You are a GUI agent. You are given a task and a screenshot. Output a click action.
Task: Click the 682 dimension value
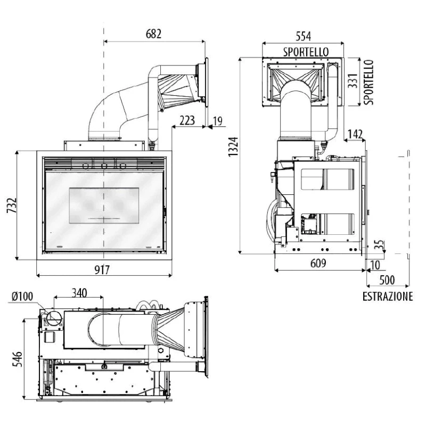[x=153, y=34]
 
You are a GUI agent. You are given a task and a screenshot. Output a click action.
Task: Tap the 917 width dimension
[x=102, y=270]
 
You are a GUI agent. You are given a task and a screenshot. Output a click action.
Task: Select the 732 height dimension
[x=12, y=206]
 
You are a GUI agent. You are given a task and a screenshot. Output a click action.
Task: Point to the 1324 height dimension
[x=233, y=147]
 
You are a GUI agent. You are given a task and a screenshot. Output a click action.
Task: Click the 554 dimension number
[x=303, y=36]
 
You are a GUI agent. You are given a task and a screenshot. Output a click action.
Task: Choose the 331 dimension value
[x=353, y=81]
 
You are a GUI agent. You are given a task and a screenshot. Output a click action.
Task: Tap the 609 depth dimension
[x=318, y=263]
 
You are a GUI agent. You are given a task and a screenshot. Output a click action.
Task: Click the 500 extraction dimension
[x=387, y=280]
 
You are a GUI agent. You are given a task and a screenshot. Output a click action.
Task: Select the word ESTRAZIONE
[x=388, y=297]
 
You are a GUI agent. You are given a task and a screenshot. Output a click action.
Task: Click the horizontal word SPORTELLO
[x=306, y=52]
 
